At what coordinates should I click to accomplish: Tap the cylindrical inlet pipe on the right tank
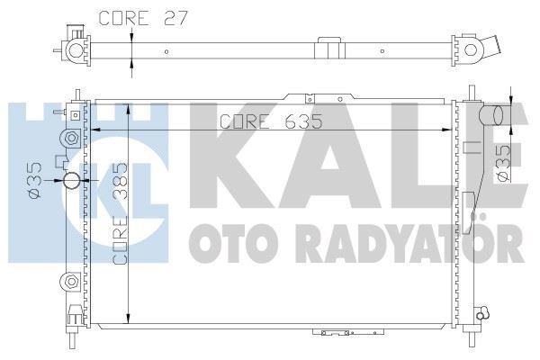(x=491, y=115)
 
